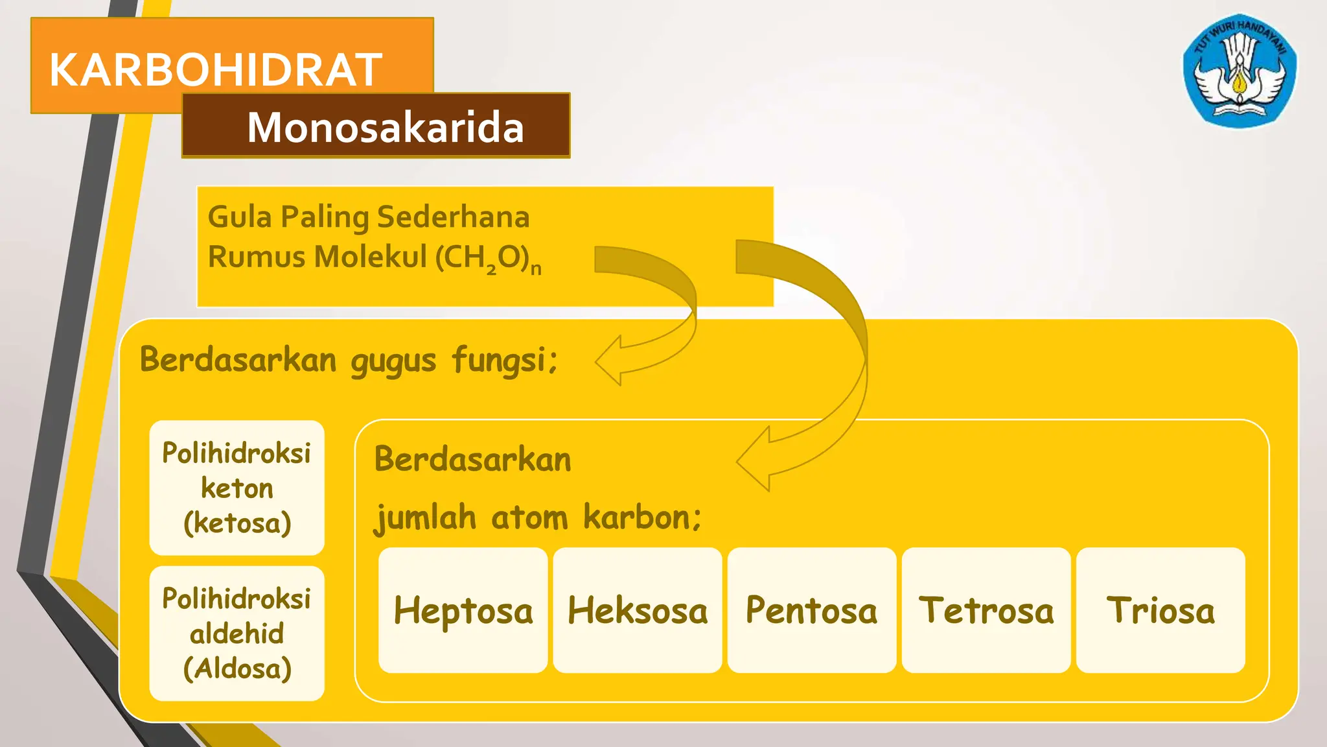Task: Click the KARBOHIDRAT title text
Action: (216, 70)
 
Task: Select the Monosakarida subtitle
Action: (386, 127)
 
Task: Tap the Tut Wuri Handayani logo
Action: (1240, 71)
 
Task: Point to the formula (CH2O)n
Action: (488, 258)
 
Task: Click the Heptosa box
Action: (463, 610)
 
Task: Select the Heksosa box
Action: (638, 610)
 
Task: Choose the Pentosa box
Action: (812, 610)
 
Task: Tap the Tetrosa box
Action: (986, 610)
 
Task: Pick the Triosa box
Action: (1160, 610)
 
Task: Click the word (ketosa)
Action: (237, 523)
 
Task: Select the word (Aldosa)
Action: (237, 668)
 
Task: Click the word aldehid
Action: (237, 634)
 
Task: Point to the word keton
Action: (237, 488)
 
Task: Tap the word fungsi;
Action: (505, 361)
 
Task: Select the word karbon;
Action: (641, 517)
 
